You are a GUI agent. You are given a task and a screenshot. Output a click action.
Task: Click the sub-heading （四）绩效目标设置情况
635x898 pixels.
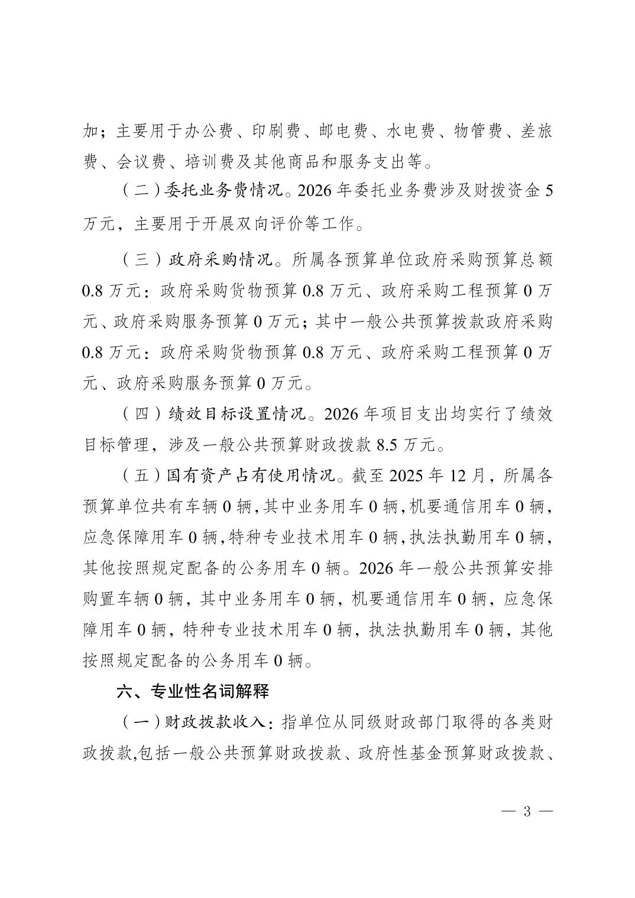pos(214,414)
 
